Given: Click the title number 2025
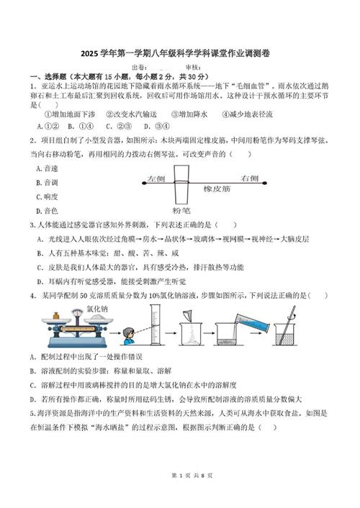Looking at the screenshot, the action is (x=89, y=53).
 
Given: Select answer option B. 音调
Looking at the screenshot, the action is (x=47, y=183).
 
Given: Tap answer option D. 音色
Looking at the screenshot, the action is (x=47, y=211).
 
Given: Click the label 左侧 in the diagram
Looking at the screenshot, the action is (x=156, y=178).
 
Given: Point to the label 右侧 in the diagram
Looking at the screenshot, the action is (x=249, y=178).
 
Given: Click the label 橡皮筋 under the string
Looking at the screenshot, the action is (x=217, y=189).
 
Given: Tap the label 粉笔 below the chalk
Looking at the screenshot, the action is (x=181, y=211).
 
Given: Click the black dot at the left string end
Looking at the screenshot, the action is (x=144, y=183).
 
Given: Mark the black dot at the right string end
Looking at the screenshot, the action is (x=265, y=183).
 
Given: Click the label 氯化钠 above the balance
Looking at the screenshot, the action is (x=97, y=309).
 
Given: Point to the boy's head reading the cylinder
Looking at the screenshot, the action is (x=129, y=333).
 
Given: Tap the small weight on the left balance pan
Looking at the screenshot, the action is (x=56, y=316).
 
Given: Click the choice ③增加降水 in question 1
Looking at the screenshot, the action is (x=189, y=114).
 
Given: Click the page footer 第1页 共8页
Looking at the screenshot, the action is (x=192, y=476).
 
